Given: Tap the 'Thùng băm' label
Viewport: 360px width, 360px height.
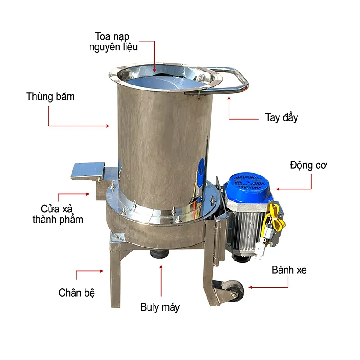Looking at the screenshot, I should [50, 96].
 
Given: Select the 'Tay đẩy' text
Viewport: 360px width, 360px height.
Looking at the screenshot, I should [281, 118].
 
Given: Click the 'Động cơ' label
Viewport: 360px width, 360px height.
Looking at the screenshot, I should [308, 165].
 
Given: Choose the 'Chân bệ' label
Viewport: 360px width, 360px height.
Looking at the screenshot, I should [77, 292].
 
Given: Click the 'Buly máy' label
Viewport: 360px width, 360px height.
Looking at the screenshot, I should [160, 307].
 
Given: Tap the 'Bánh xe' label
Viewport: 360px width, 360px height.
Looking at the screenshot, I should [289, 270].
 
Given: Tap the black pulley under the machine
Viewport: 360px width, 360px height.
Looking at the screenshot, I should [160, 255].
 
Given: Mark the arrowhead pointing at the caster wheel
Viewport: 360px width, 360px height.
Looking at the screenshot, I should [251, 287].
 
